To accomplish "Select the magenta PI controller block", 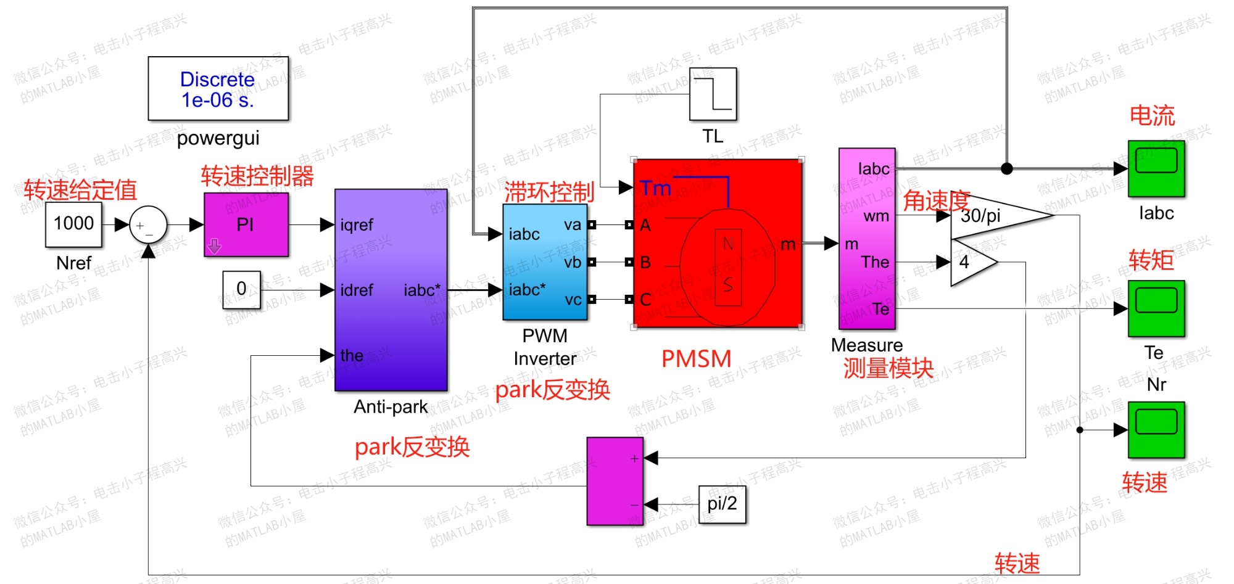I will pyautogui.click(x=246, y=224).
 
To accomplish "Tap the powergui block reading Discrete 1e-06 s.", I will pyautogui.click(x=218, y=89).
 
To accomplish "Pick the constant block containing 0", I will pyautogui.click(x=241, y=289).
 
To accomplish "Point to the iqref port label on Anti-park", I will pyautogui.click(x=357, y=225).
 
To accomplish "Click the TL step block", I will pyautogui.click(x=713, y=94).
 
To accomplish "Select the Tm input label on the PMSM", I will pyautogui.click(x=655, y=187).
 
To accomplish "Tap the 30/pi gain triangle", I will pyautogui.click(x=993, y=215).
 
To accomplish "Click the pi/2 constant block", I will pyautogui.click(x=722, y=504).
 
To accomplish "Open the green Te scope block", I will pyautogui.click(x=1156, y=308).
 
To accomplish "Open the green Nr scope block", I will pyautogui.click(x=1156, y=429).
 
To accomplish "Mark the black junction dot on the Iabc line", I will pyautogui.click(x=1006, y=168).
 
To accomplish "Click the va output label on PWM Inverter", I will pyautogui.click(x=573, y=225).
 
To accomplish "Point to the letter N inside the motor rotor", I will pyautogui.click(x=728, y=244).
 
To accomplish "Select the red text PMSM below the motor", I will pyautogui.click(x=696, y=359).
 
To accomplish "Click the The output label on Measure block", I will pyautogui.click(x=875, y=262).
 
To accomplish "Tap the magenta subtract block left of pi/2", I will pyautogui.click(x=615, y=481).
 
